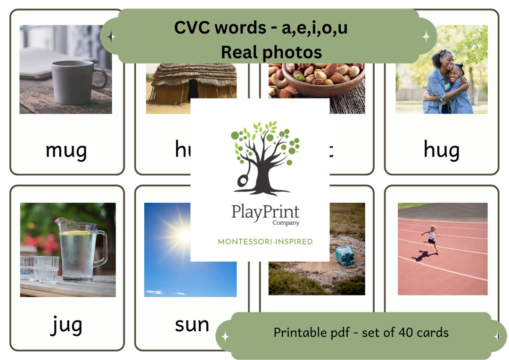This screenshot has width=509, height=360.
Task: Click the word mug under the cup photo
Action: point(66,151)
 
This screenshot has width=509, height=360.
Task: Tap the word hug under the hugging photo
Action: point(441,151)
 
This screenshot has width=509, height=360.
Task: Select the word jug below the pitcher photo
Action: point(66,325)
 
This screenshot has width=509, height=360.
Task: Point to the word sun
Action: point(192,325)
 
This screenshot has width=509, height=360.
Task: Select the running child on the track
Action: point(431,238)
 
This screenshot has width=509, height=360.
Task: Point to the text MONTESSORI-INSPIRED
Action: point(265,242)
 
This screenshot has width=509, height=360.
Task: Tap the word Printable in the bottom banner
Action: point(297,333)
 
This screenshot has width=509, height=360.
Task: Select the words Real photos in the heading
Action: point(271,52)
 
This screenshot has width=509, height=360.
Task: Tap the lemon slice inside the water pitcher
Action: point(78,233)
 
